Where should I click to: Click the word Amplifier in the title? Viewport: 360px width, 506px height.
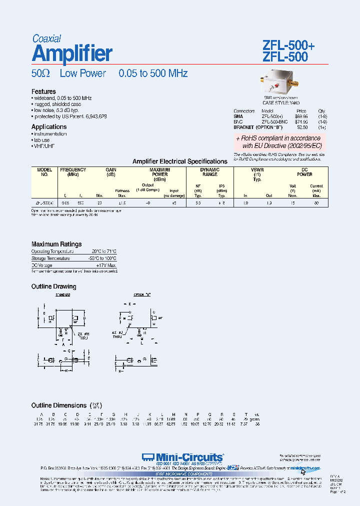pos(72,53)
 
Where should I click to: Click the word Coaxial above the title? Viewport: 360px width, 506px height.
pos(46,38)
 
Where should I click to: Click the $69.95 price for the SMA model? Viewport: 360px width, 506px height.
pos(300,115)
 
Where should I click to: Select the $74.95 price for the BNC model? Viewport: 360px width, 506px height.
pos(300,121)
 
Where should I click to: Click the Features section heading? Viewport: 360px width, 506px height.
pos(43,91)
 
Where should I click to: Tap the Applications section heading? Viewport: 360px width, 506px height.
pos(49,127)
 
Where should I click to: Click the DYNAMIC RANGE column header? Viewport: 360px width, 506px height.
pos(209,172)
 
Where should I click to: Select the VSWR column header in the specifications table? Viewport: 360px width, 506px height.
pos(257,170)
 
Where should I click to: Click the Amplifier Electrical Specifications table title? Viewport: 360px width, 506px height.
pos(179,161)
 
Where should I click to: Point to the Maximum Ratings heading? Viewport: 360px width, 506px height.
pos(56,244)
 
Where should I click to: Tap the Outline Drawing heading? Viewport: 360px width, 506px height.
pos(54,286)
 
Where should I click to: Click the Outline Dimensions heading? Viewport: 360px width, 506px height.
pos(58,405)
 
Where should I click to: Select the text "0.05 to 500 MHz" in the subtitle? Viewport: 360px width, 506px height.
pos(153,73)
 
